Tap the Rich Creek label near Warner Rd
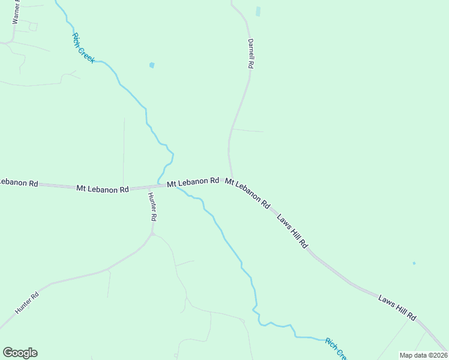point(83,48)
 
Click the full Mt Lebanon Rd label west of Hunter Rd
point(103,188)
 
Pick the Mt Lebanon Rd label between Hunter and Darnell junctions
point(193,182)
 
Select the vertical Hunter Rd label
point(153,207)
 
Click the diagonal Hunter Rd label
point(27,304)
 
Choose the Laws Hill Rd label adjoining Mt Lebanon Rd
point(292,230)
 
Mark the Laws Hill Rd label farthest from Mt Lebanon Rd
point(397,308)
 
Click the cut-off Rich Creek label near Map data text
point(335,348)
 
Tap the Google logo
point(20,353)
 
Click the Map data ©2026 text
point(423,355)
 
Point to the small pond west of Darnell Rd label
point(152,65)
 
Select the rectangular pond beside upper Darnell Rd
point(259,11)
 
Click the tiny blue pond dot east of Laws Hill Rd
point(414,263)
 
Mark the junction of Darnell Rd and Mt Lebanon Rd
point(231,178)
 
